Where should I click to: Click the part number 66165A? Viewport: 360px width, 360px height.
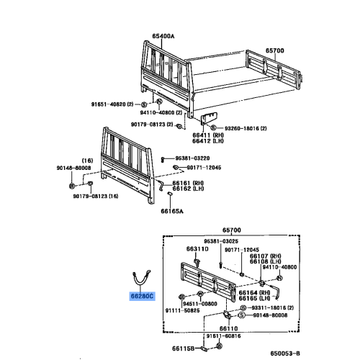click(172, 212)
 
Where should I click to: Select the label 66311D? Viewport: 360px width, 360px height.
click(197, 249)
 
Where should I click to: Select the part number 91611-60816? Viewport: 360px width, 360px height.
click(223, 336)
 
